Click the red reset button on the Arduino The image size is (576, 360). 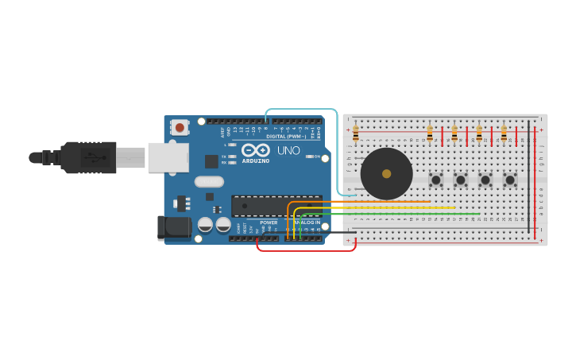[180, 126]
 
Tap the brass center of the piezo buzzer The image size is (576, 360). [387, 173]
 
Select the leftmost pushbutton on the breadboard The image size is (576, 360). [435, 180]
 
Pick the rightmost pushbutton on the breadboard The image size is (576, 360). [509, 180]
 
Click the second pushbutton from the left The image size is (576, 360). [460, 180]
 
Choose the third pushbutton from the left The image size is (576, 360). [485, 180]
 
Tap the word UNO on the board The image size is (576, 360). [288, 150]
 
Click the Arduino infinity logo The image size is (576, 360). [256, 150]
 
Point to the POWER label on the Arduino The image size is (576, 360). [269, 223]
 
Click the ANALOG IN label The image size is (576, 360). [307, 223]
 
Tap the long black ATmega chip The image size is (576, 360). [276, 206]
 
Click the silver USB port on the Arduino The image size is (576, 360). [168, 157]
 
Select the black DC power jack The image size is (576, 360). [173, 228]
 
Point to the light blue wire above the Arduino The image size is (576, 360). [302, 110]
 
